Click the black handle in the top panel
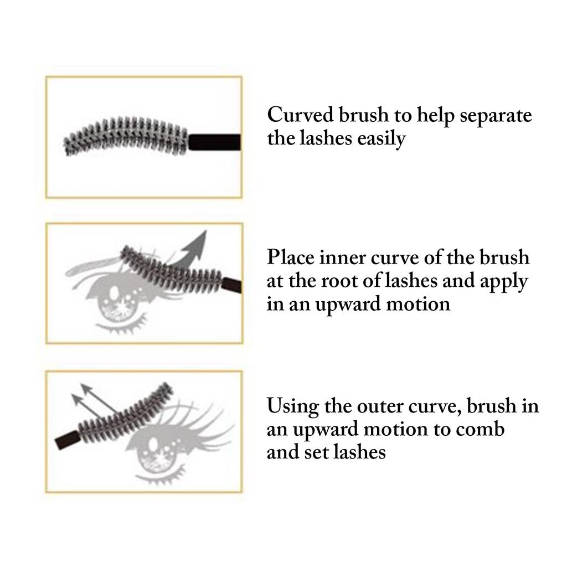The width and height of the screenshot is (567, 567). tap(215, 142)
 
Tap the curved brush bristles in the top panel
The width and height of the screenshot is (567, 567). tap(127, 135)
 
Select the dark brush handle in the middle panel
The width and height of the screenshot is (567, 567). tap(233, 285)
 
